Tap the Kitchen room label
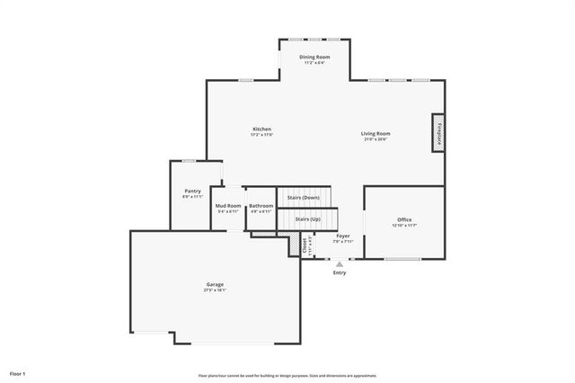(261, 129)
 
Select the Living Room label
(376, 133)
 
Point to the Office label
(404, 219)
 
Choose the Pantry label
(192, 191)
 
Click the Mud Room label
(228, 205)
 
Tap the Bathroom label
(261, 205)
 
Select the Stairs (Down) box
(303, 197)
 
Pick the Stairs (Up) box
(308, 218)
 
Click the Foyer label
(343, 236)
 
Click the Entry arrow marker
(339, 264)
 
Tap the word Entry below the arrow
(339, 272)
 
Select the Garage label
(215, 284)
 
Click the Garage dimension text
(215, 290)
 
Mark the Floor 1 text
(18, 372)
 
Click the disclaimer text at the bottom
(287, 375)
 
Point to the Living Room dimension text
(376, 139)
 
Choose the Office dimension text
(404, 226)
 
